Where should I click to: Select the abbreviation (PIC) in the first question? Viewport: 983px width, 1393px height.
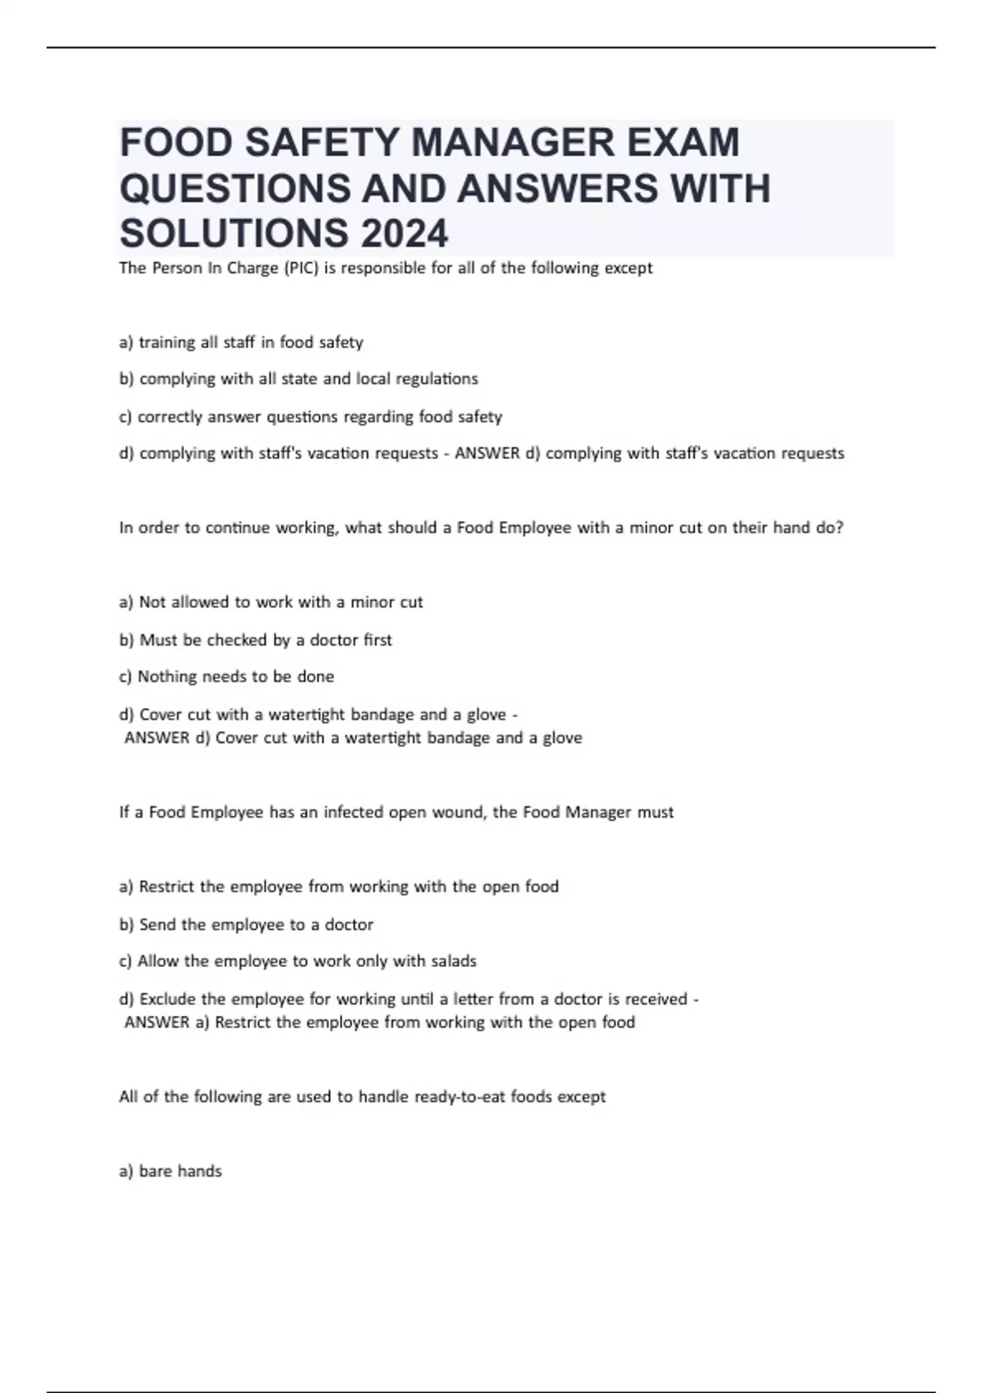pyautogui.click(x=301, y=268)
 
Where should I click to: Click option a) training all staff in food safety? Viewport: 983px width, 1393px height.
pyautogui.click(x=241, y=343)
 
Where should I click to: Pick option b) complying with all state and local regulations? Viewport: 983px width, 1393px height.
pyautogui.click(x=298, y=379)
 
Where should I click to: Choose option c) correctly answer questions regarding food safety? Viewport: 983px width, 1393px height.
pyautogui.click(x=310, y=417)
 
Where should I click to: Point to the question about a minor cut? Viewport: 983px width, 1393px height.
pyautogui.click(x=481, y=528)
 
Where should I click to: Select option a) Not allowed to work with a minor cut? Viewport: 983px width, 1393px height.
pyautogui.click(x=271, y=602)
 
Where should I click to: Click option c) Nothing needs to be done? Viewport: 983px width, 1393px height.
pyautogui.click(x=227, y=677)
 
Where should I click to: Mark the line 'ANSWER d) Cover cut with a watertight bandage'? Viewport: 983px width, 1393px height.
pyautogui.click(x=353, y=737)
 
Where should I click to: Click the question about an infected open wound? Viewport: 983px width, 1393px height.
pyautogui.click(x=396, y=812)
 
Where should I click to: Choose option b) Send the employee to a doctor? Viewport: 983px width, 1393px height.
pyautogui.click(x=246, y=924)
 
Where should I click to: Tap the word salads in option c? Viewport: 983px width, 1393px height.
pyautogui.click(x=453, y=961)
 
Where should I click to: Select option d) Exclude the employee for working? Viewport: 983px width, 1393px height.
pyautogui.click(x=408, y=999)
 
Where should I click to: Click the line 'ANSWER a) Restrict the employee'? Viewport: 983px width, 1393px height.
pyautogui.click(x=379, y=1022)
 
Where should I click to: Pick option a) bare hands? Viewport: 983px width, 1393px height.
pyautogui.click(x=170, y=1171)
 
